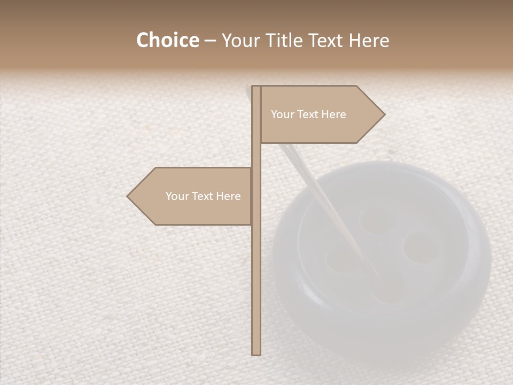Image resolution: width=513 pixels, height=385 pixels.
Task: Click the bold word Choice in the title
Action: [167, 41]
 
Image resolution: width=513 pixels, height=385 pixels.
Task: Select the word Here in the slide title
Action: [369, 41]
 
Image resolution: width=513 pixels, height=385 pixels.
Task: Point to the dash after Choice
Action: [209, 41]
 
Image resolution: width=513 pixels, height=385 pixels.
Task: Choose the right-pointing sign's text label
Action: [308, 114]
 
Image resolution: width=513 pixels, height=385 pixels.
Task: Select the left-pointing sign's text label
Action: [203, 196]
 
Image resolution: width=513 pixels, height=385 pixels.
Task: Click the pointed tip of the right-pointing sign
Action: [384, 114]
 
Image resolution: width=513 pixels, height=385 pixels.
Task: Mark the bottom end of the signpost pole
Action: [256, 353]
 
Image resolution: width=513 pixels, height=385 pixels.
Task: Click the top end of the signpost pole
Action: [256, 87]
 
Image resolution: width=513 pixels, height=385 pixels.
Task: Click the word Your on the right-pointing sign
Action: [282, 114]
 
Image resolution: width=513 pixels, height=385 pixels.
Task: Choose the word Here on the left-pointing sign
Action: [228, 196]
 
